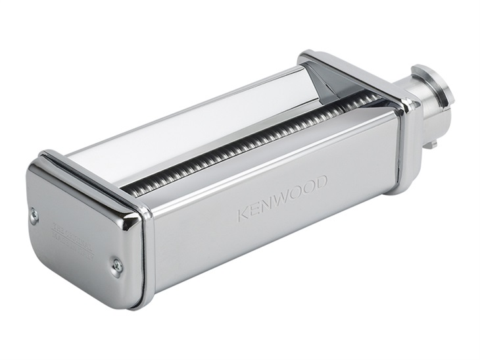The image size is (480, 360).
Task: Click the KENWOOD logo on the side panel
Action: [x=282, y=195]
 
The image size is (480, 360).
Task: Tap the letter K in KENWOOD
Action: [x=243, y=213]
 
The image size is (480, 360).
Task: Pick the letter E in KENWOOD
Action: [x=255, y=208]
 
